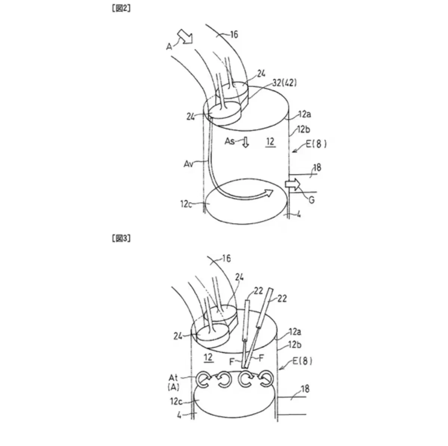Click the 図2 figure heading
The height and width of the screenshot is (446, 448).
pyautogui.click(x=121, y=8)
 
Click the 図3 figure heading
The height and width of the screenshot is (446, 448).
pyautogui.click(x=121, y=238)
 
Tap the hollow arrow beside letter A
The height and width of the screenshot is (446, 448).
pyautogui.click(x=185, y=36)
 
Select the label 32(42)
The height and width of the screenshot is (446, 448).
pyautogui.click(x=284, y=83)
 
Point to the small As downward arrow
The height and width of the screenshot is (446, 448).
pyautogui.click(x=246, y=142)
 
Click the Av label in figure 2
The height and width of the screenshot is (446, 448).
pyautogui.click(x=188, y=164)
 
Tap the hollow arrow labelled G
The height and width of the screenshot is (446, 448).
pyautogui.click(x=293, y=185)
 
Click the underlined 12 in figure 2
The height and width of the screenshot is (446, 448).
pyautogui.click(x=270, y=142)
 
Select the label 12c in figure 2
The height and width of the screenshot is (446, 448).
pyautogui.click(x=186, y=204)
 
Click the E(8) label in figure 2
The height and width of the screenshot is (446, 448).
pyautogui.click(x=316, y=144)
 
